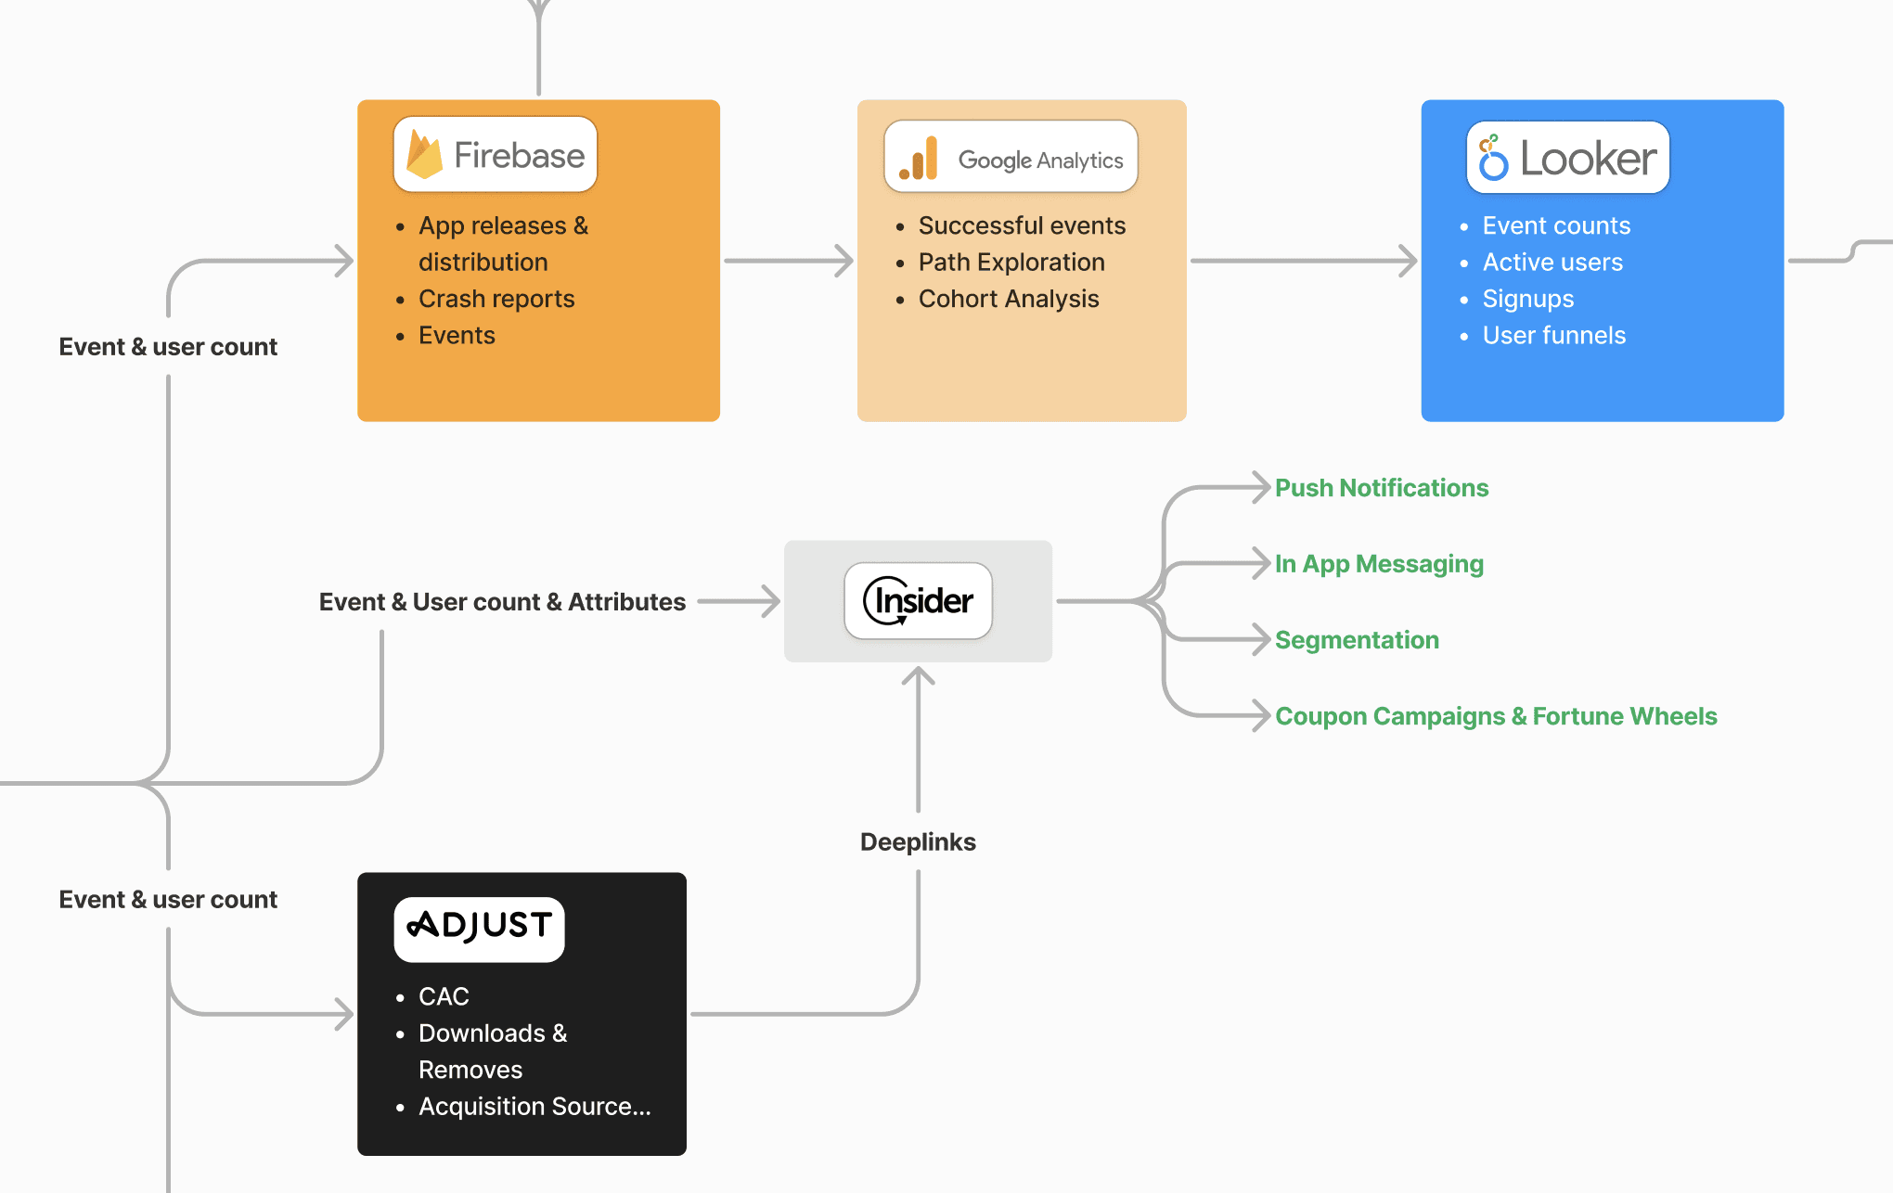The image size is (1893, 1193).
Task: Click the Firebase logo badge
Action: point(496,154)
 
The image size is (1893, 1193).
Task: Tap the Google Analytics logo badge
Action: point(1011,157)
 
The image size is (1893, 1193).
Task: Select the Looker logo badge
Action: point(1567,158)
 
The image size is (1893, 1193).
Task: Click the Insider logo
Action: point(918,601)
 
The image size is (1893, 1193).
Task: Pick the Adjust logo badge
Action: point(479,929)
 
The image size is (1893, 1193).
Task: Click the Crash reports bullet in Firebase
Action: point(496,299)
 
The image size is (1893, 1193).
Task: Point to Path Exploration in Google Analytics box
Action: point(1011,263)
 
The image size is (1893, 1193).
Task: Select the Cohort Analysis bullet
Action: point(1009,299)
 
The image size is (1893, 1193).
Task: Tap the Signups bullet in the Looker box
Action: point(1527,299)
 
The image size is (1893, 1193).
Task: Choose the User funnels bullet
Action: point(1553,335)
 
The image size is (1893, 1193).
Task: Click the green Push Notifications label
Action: point(1382,488)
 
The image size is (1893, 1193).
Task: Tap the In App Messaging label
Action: point(1379,564)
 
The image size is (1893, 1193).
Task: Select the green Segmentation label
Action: point(1357,640)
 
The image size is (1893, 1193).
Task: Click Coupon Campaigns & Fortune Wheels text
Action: point(1496,716)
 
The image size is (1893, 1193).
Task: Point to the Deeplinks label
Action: point(918,842)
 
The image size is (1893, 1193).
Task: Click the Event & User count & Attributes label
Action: point(502,602)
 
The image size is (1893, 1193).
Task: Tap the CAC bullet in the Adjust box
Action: point(444,996)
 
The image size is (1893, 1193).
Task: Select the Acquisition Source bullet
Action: point(534,1106)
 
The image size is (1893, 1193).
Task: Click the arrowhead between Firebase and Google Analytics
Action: point(843,261)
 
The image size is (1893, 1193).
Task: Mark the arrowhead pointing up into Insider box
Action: point(918,675)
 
